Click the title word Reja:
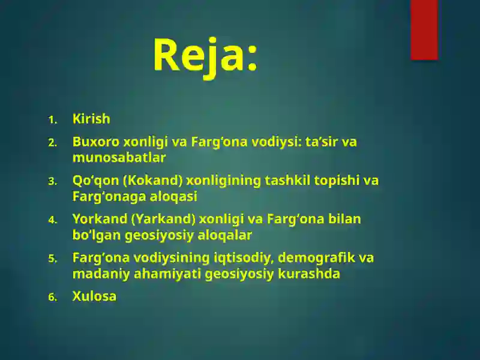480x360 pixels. click(205, 55)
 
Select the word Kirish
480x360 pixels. click(91, 119)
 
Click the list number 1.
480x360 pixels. click(52, 120)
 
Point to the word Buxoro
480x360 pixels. click(96, 142)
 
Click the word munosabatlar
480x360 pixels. click(119, 158)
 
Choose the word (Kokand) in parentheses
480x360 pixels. click(153, 181)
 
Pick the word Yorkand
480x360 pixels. click(100, 219)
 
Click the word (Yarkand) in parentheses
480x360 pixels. click(163, 219)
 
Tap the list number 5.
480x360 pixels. click(52, 259)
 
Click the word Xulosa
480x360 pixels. click(94, 296)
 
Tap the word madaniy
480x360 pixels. click(98, 274)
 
